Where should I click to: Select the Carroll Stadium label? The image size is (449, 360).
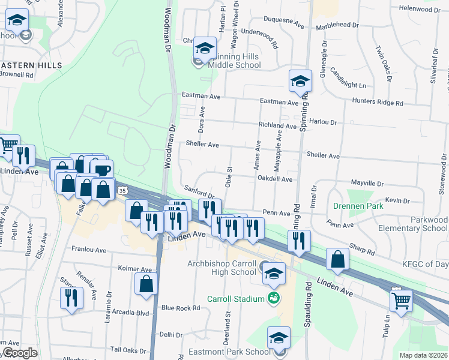pyautogui.click(x=236, y=299)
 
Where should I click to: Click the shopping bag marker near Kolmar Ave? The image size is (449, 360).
pyautogui.click(x=146, y=284)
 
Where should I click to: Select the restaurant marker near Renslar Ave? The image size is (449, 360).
pyautogui.click(x=72, y=298)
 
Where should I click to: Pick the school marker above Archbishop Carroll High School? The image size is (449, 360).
pyautogui.click(x=274, y=272)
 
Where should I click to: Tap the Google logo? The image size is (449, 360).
pyautogui.click(x=20, y=352)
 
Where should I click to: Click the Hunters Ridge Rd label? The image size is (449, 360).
pyautogui.click(x=378, y=103)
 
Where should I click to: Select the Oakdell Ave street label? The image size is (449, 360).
pyautogui.click(x=274, y=179)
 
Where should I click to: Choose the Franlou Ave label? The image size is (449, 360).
pyautogui.click(x=89, y=248)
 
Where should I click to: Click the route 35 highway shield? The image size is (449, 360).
pyautogui.click(x=122, y=190)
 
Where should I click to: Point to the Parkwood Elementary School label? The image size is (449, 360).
pyautogui.click(x=421, y=224)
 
